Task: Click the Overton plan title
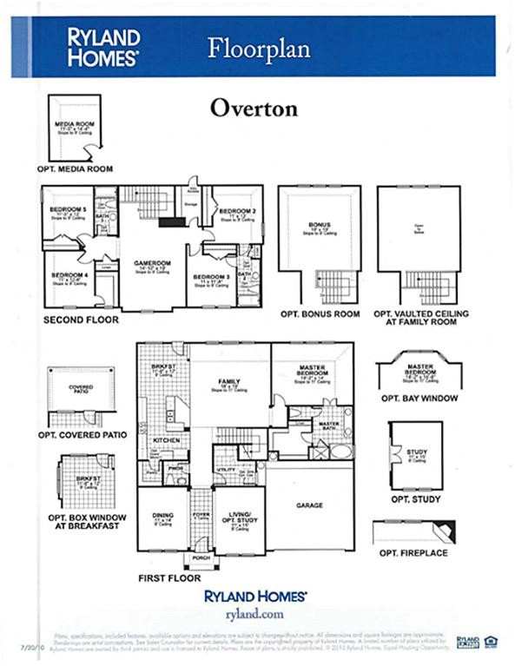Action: pos(254,109)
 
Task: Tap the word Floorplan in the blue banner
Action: pos(258,48)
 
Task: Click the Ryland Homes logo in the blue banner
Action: pos(103,47)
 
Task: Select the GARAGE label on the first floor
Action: pos(310,504)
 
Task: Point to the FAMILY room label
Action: pos(229,380)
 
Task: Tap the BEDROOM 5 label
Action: pos(67,209)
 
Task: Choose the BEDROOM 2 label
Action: pos(236,211)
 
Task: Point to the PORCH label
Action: pos(201,558)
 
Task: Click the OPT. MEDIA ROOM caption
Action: pos(75,168)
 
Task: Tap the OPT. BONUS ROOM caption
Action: pos(320,313)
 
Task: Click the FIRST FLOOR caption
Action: pos(169,577)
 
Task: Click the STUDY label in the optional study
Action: pos(414,452)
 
